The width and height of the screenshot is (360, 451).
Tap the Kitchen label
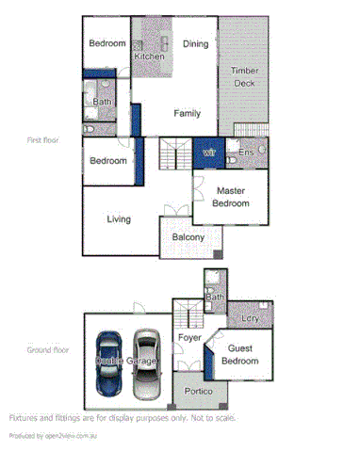point(149,56)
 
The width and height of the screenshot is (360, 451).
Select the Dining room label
point(195,44)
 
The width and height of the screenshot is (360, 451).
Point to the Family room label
point(187,113)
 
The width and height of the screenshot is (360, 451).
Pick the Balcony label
point(188,237)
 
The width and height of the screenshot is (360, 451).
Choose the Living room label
point(118,219)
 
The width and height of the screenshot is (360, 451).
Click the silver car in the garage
point(146,362)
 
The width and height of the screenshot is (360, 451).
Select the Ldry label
point(250,319)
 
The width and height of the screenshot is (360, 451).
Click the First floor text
point(43,138)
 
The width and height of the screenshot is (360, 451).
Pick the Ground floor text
point(46,349)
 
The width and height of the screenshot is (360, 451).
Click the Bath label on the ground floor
point(215,298)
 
